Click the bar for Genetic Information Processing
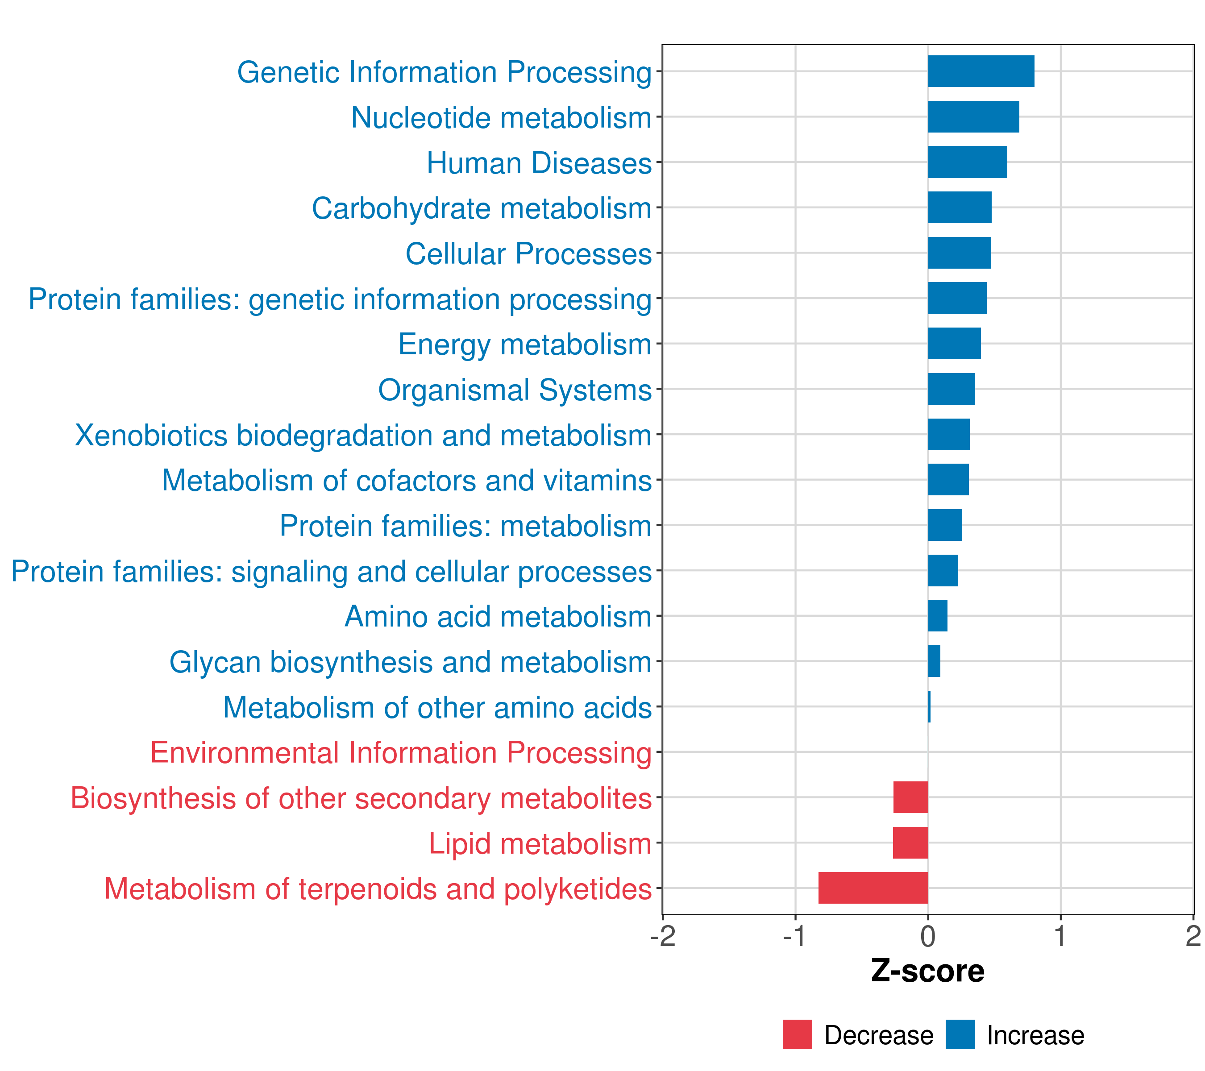coord(981,71)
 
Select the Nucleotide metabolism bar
coord(973,117)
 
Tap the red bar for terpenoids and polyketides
coord(873,888)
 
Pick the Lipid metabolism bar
coord(910,843)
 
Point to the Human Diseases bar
coord(968,162)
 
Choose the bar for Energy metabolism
coord(955,344)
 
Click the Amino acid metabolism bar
coord(937,615)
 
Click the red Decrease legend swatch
coord(797,1034)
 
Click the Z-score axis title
coord(927,971)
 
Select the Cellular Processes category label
coord(528,254)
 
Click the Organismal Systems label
coord(515,390)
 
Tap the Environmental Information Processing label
coord(401,753)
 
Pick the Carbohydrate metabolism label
coord(481,209)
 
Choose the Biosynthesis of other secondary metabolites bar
coord(910,797)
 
